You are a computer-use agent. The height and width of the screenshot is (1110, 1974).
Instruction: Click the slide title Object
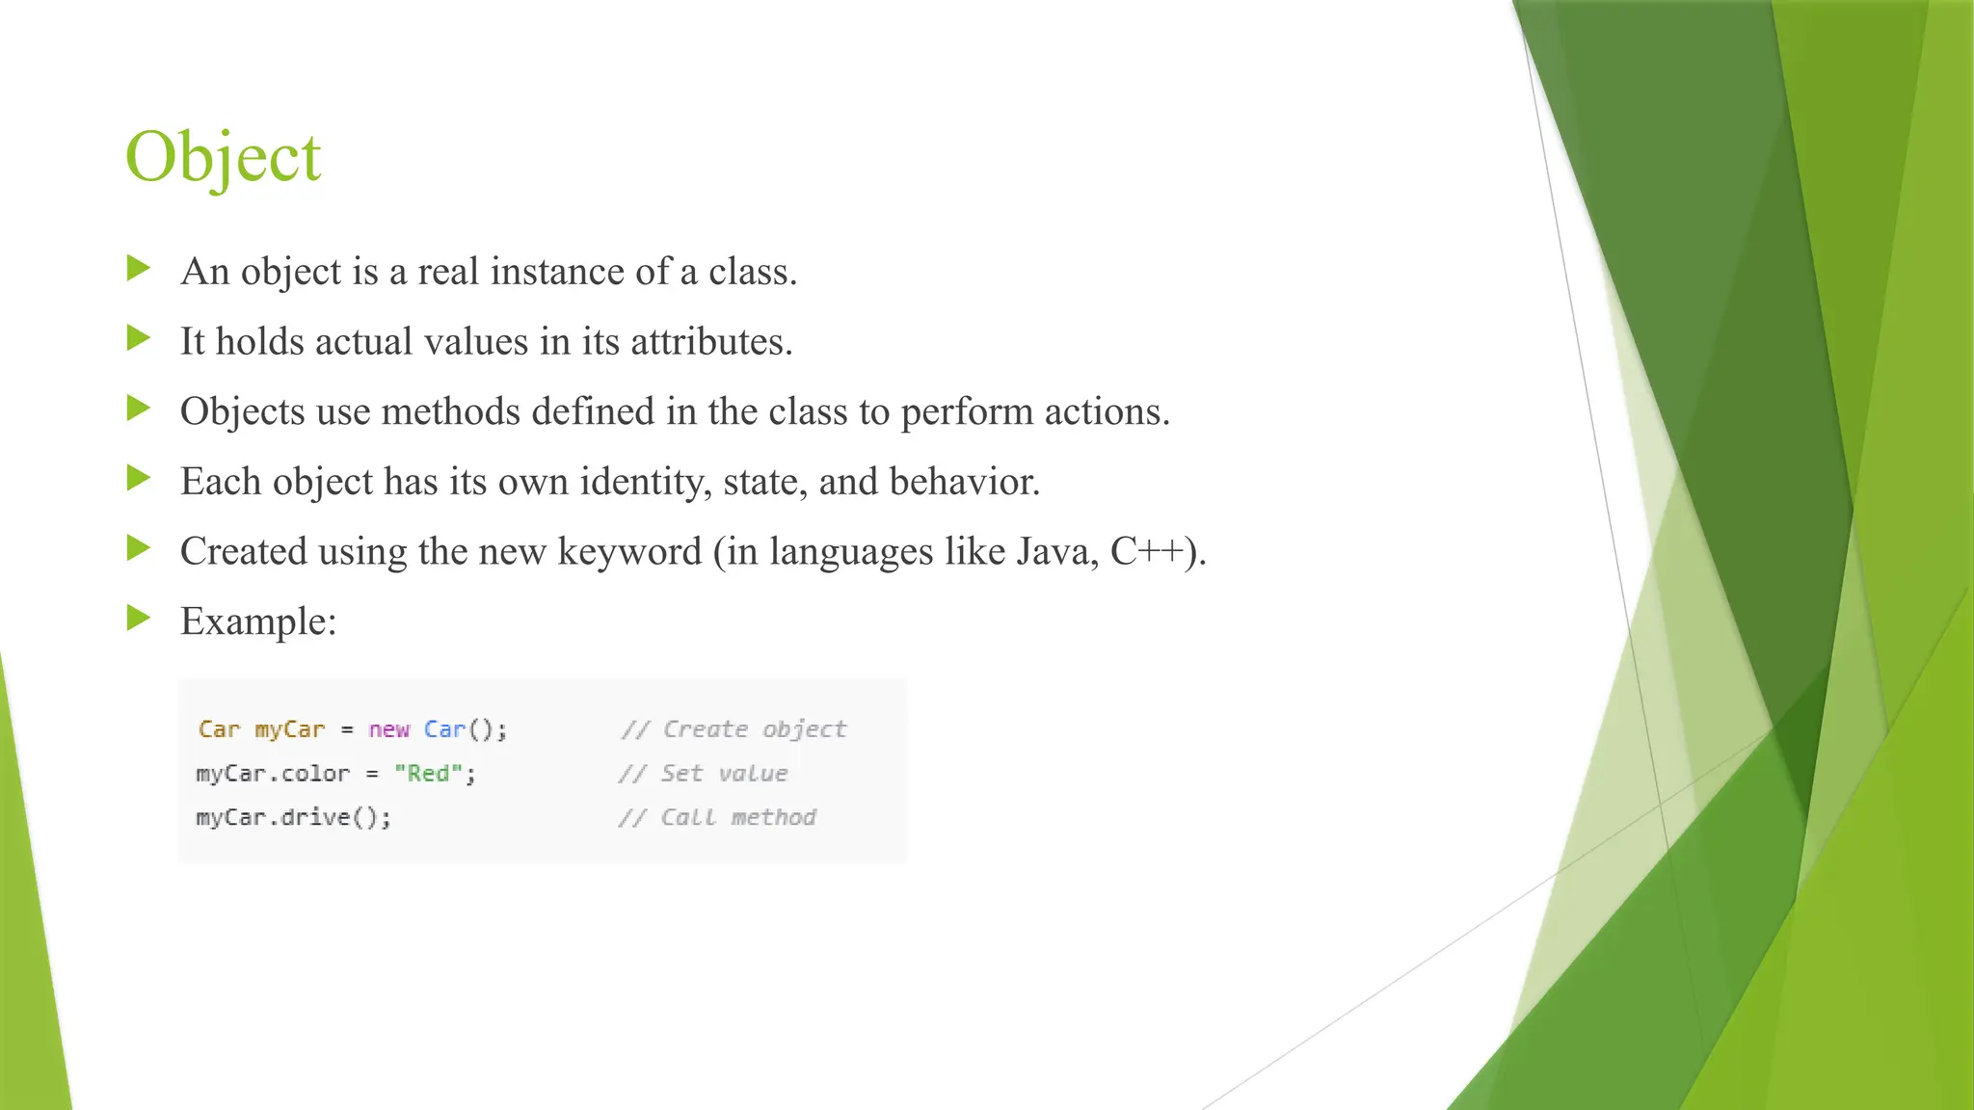223,157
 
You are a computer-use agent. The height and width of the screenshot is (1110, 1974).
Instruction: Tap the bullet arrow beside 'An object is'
139,269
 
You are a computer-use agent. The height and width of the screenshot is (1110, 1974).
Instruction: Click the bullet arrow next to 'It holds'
139,338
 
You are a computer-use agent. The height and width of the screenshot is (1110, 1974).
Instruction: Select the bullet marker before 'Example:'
139,619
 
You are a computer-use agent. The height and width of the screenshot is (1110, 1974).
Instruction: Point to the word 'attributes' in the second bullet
709,342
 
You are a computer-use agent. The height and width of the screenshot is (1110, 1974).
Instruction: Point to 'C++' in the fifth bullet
1147,552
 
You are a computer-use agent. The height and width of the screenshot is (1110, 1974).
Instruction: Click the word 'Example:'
258,621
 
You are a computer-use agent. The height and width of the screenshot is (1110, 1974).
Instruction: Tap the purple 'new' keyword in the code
388,729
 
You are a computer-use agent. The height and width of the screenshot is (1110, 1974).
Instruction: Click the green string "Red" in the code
428,774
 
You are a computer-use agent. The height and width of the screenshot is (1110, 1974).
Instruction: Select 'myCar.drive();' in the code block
294,818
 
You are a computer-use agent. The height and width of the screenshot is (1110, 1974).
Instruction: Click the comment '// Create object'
734,729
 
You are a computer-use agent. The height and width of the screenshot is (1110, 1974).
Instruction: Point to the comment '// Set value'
703,774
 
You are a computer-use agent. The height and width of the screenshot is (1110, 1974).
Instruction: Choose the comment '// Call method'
717,818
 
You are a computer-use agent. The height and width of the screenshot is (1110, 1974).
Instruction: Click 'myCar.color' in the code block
273,774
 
